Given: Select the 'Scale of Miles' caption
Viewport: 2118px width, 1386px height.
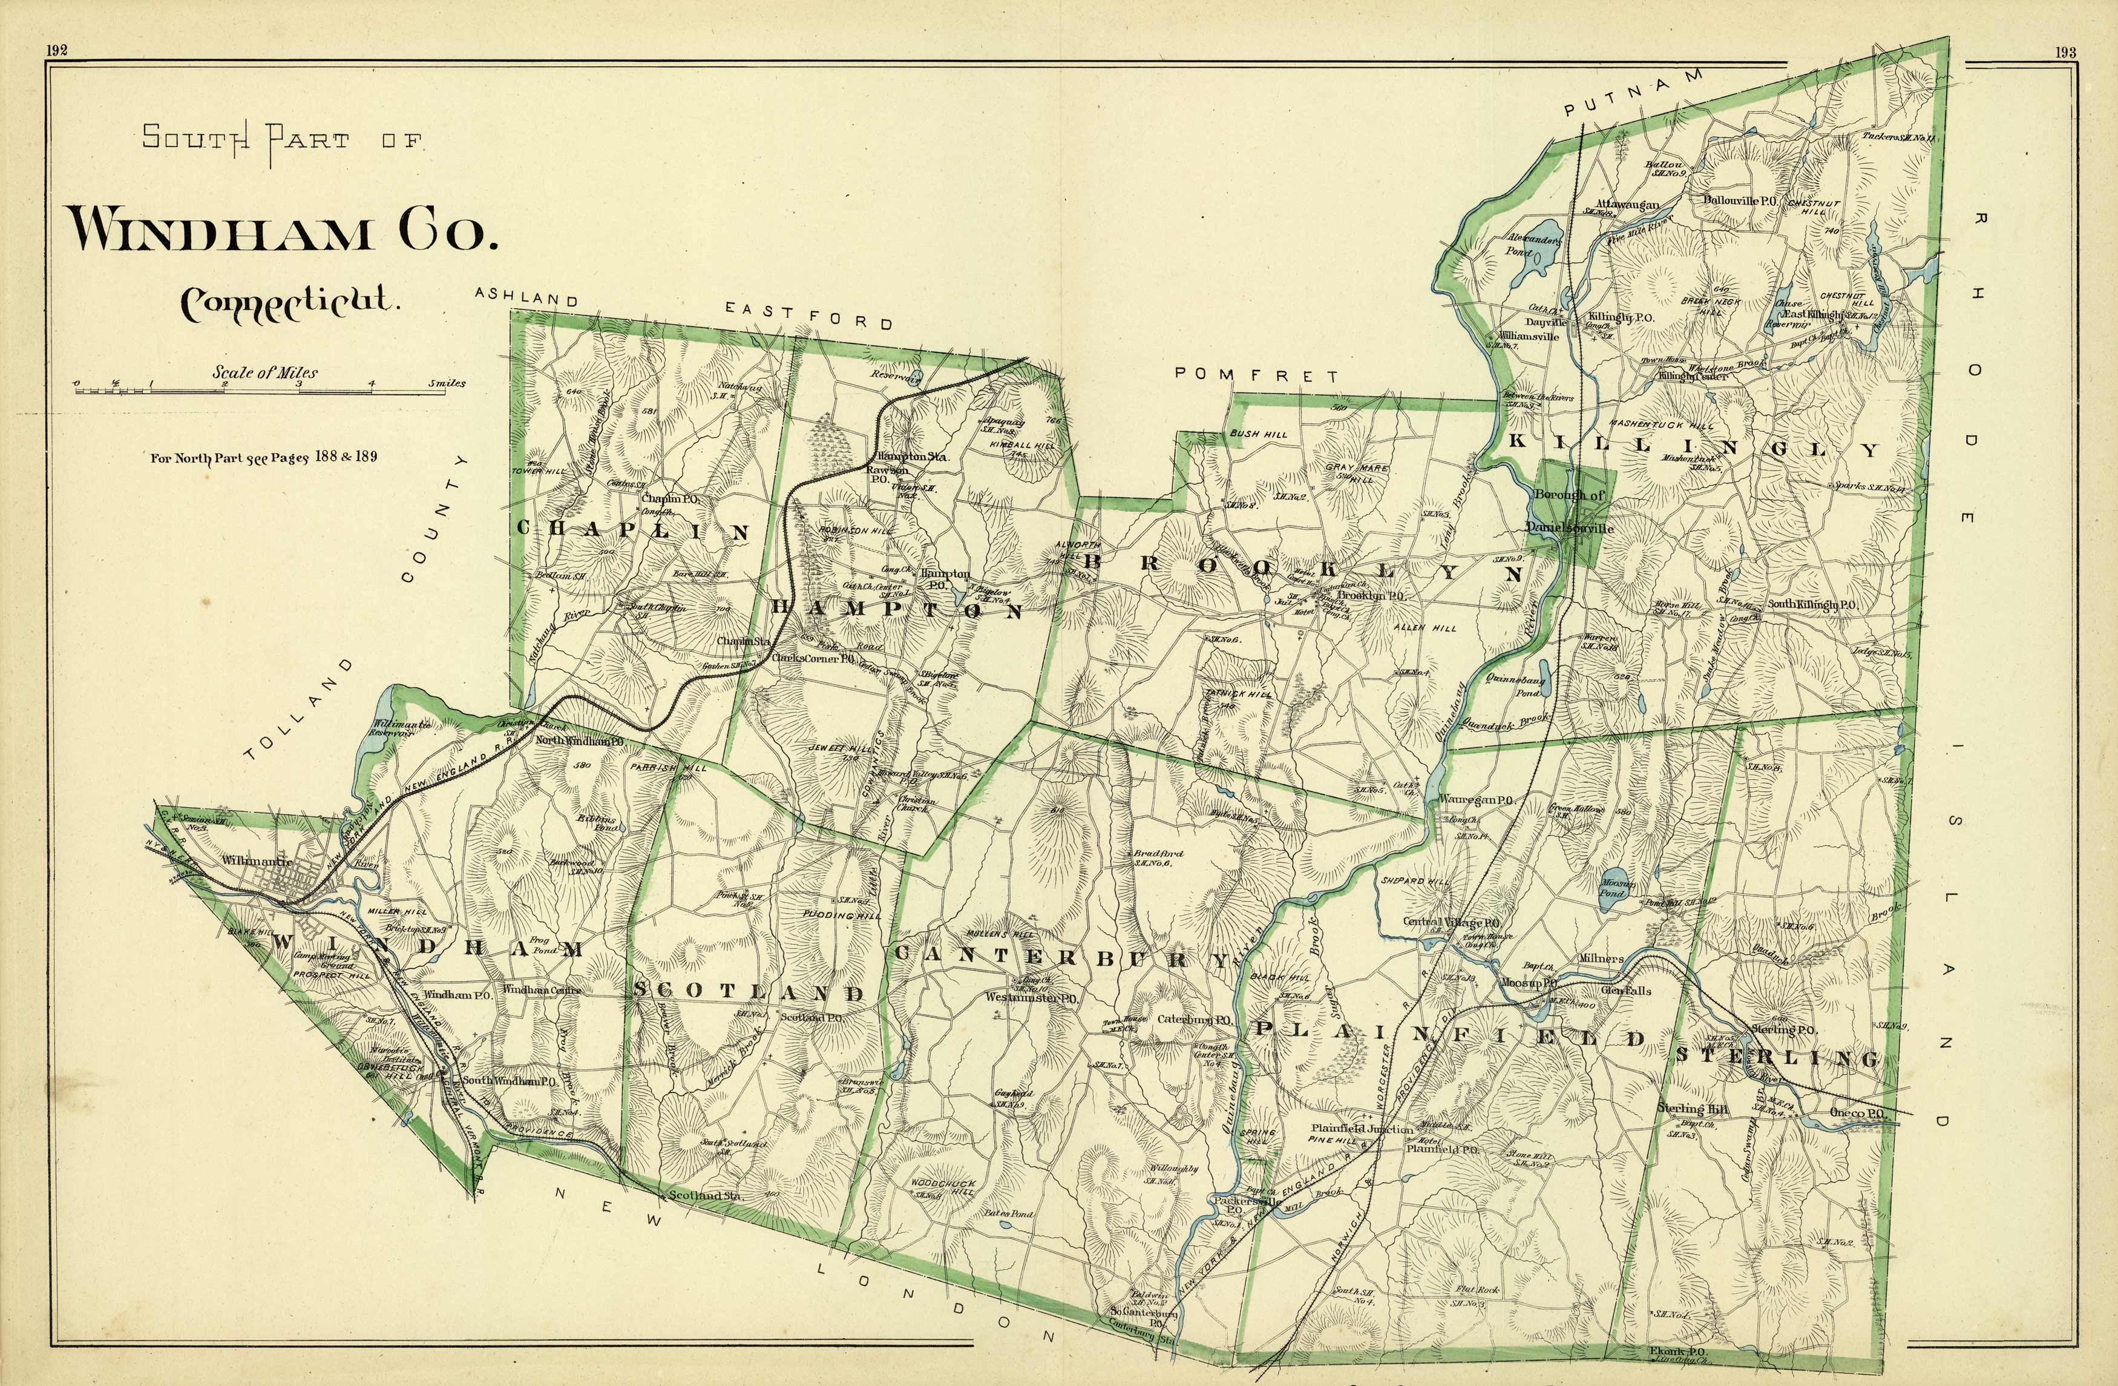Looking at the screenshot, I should click(x=264, y=372).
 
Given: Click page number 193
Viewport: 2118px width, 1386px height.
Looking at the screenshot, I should click(x=2065, y=53).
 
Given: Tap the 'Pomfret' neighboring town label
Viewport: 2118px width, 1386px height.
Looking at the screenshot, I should click(x=1256, y=375).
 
